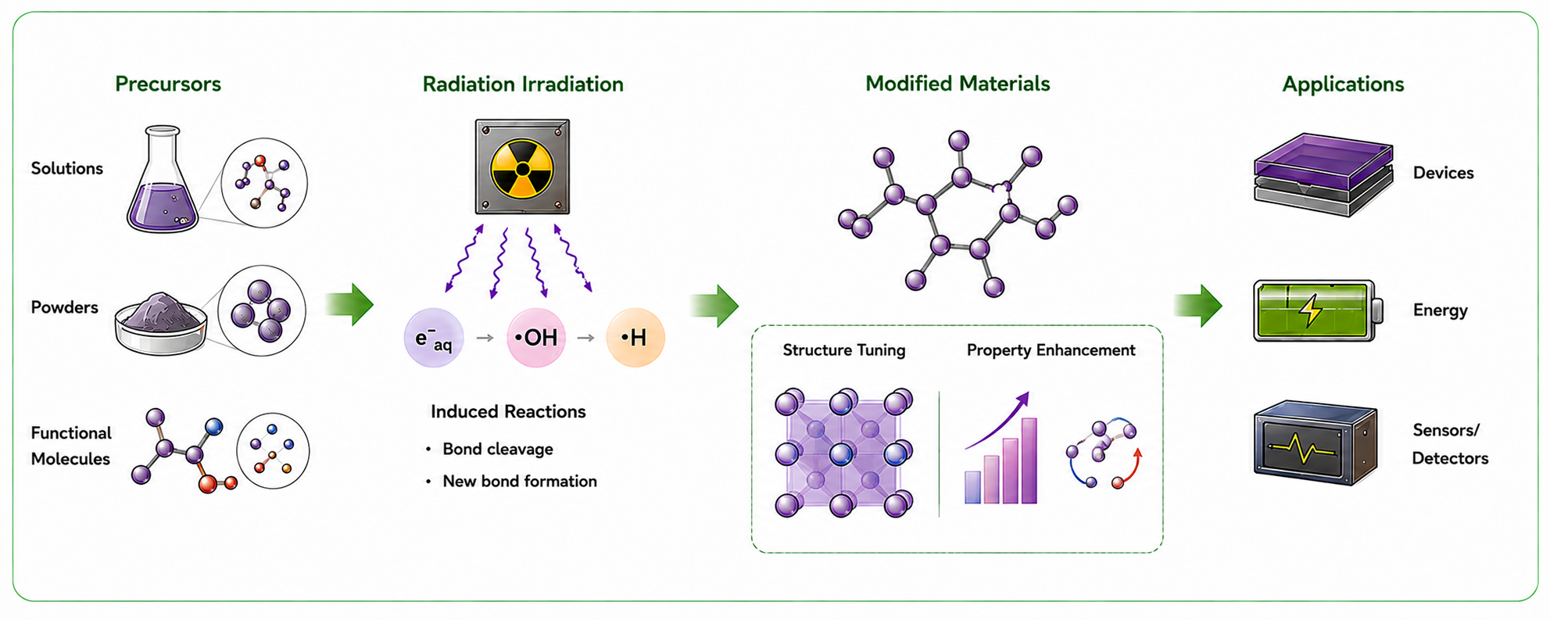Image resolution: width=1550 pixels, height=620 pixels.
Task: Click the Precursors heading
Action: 168,84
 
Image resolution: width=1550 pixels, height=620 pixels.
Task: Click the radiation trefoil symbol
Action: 522,169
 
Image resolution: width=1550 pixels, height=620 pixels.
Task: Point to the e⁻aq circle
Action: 434,338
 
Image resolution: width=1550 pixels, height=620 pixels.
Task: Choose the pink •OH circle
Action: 536,338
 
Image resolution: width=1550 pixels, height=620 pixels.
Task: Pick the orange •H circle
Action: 635,338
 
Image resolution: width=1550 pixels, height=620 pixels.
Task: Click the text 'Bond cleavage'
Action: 498,449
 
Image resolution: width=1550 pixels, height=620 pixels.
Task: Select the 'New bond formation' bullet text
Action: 520,481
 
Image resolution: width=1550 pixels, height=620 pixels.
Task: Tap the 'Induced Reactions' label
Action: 508,411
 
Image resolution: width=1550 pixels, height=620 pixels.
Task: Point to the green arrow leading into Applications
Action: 1198,305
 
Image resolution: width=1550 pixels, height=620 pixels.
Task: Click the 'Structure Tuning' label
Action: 844,350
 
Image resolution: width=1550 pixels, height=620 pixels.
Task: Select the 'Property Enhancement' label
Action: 1051,350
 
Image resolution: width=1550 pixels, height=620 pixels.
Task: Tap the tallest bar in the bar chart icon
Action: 1029,461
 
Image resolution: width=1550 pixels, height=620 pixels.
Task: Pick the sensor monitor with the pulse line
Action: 1316,443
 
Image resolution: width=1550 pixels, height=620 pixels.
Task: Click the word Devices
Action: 1443,173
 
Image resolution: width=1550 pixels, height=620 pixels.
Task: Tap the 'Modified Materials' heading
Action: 958,84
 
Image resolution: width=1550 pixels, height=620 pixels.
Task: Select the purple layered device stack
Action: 1323,174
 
